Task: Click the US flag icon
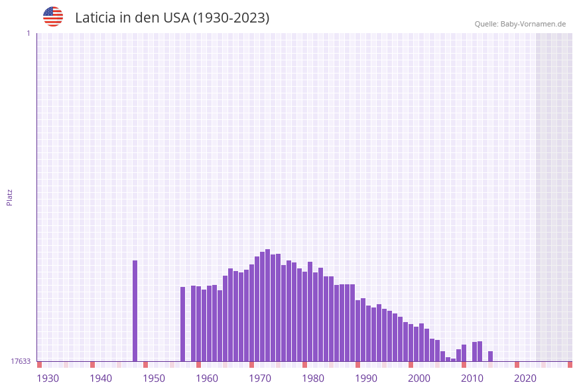[53, 17]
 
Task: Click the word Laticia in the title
[96, 18]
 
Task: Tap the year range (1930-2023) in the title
[231, 18]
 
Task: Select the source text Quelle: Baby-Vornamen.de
[520, 24]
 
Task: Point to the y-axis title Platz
[9, 197]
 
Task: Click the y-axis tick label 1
[28, 33]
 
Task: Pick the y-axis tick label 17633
[21, 361]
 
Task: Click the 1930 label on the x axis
[48, 378]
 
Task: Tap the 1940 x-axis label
[101, 378]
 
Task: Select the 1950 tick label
[154, 378]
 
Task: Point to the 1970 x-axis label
[260, 378]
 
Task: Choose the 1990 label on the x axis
[366, 378]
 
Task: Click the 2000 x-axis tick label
[419, 378]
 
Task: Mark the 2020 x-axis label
[525, 378]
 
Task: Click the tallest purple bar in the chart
[267, 305]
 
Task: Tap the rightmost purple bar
[490, 356]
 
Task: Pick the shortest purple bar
[453, 360]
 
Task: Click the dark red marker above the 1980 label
[304, 364]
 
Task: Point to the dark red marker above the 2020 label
[517, 364]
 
